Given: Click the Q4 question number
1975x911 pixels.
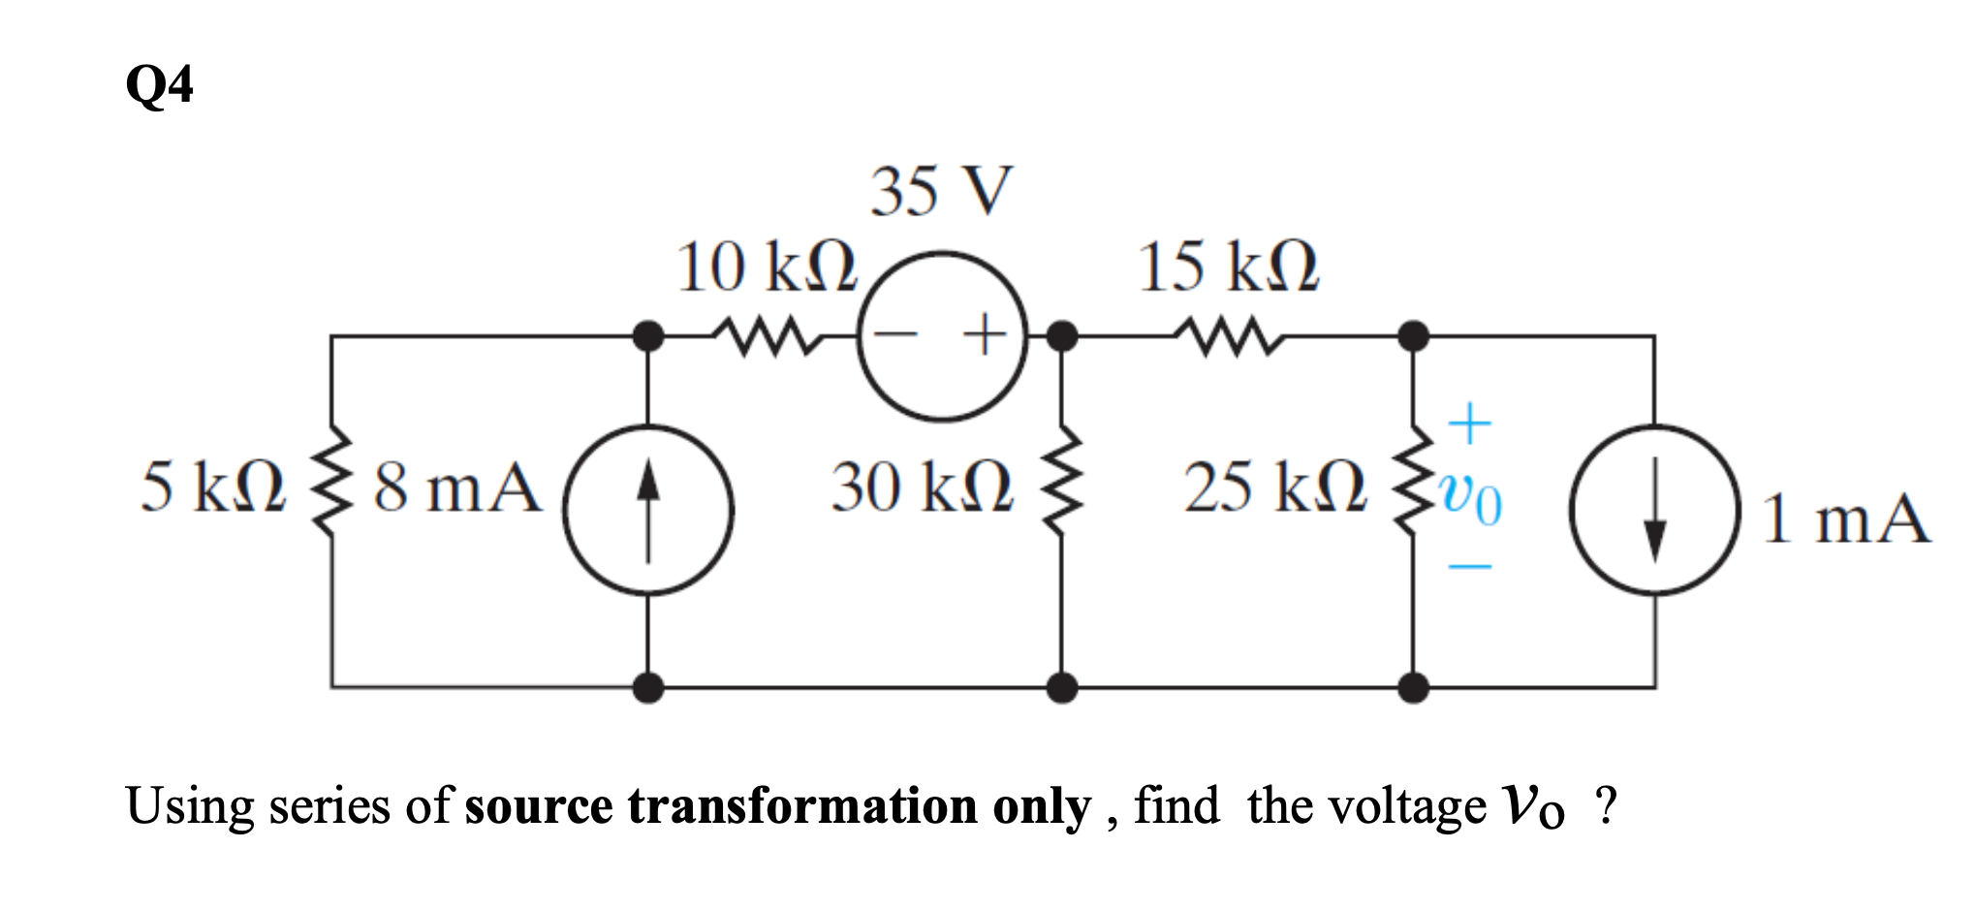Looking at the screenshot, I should pyautogui.click(x=159, y=85).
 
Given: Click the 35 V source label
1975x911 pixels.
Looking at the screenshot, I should pyautogui.click(x=940, y=191).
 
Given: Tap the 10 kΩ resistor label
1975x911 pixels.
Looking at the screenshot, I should pyautogui.click(x=767, y=267).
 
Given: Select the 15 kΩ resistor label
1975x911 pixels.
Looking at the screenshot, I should pyautogui.click(x=1228, y=267).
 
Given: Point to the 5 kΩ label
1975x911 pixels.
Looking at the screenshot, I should pyautogui.click(x=213, y=487).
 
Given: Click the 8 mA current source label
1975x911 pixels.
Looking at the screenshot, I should pyautogui.click(x=456, y=487).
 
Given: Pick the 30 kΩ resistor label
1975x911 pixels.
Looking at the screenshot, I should pyautogui.click(x=922, y=487).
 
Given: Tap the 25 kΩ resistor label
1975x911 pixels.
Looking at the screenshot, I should pyautogui.click(x=1274, y=487).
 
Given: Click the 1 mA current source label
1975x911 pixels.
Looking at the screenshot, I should pyautogui.click(x=1844, y=518).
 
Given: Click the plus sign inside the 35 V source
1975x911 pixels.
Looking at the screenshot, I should pyautogui.click(x=985, y=335).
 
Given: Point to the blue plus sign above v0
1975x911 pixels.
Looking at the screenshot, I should pyautogui.click(x=1469, y=424).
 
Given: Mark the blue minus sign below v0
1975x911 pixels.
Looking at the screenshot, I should pyautogui.click(x=1469, y=566).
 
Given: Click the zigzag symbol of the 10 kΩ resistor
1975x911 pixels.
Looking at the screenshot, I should pyautogui.click(x=766, y=335).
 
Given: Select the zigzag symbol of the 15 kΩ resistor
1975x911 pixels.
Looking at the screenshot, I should pyautogui.click(x=1228, y=335).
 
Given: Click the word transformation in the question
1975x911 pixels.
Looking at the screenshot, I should pyautogui.click(x=802, y=807).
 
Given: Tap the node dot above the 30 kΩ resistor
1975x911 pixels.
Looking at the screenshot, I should pyautogui.click(x=1062, y=336).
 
